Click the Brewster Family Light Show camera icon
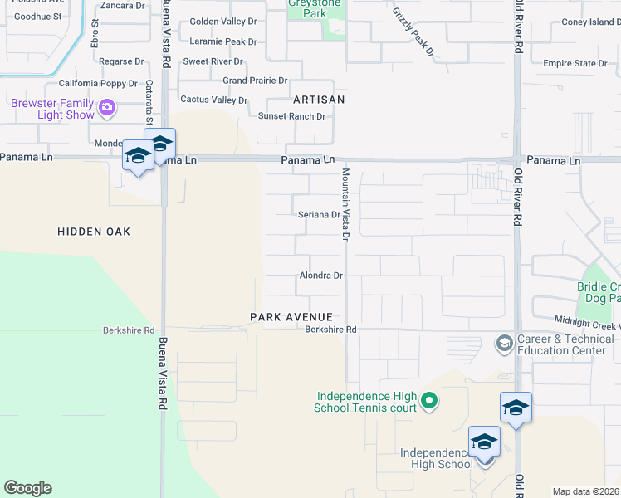coord(106,107)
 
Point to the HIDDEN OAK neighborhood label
coord(94,232)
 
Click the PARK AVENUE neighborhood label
coord(291,317)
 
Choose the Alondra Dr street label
coord(321,276)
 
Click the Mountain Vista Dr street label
coord(345,204)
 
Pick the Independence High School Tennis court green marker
coord(428,402)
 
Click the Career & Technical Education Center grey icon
coord(503,344)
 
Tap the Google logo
coord(27,488)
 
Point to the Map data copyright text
coord(585,491)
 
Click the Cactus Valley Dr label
coord(214,100)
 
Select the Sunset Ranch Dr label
coord(291,116)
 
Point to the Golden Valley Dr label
coord(222,22)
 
